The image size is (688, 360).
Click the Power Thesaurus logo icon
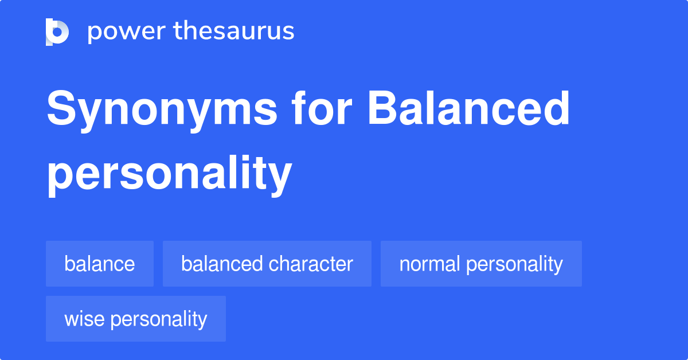coord(57,32)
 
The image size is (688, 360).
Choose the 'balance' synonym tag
coord(100,264)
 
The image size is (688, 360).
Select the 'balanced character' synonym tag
coord(267,264)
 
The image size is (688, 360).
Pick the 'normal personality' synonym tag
coord(481,264)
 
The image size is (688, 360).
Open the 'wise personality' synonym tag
coord(136,319)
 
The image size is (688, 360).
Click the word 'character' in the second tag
coord(311,264)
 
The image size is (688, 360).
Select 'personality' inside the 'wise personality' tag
coord(159,319)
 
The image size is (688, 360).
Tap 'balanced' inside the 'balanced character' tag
coord(222,264)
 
